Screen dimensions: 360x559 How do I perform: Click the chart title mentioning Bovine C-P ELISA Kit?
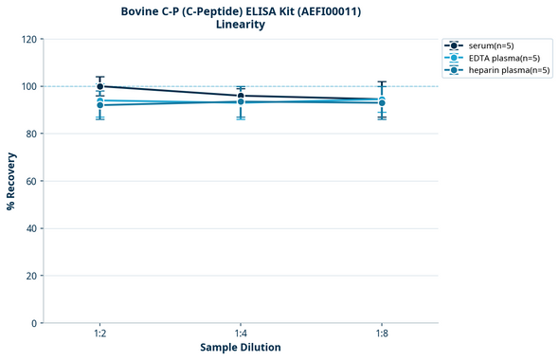tap(241, 11)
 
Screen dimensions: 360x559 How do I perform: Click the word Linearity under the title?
tap(241, 25)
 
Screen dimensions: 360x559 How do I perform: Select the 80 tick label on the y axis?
tap(29, 134)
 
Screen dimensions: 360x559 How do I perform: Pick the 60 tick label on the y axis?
tap(29, 181)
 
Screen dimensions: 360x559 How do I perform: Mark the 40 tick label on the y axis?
tap(29, 228)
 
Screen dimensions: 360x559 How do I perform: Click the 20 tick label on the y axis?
tap(29, 276)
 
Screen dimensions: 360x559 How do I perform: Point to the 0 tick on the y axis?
tap(33, 323)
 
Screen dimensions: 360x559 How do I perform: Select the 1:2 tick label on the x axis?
tap(100, 333)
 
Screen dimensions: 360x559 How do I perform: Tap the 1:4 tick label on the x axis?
tap(241, 333)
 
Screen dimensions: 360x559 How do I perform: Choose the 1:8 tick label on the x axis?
tap(381, 333)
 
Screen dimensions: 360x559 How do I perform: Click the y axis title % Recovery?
tap(11, 180)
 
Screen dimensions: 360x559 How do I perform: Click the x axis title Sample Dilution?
tap(241, 348)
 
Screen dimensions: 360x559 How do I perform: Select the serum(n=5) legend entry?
tap(491, 45)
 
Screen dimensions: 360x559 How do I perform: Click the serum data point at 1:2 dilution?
tap(100, 86)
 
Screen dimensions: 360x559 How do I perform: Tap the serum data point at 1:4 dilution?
tap(241, 96)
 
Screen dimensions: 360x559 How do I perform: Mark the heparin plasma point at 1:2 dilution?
tap(100, 105)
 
